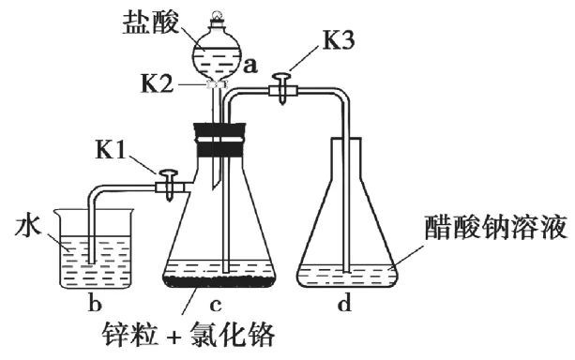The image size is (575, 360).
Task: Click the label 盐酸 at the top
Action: [151, 22]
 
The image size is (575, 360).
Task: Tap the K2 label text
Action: [157, 84]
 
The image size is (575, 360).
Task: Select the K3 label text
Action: [339, 41]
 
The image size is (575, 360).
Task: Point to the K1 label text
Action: [111, 150]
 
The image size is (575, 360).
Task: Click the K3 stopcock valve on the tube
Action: [281, 88]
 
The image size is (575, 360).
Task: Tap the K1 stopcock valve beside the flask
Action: [169, 185]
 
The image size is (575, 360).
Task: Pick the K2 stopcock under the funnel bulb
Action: [217, 84]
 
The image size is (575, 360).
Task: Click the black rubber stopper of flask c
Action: [219, 141]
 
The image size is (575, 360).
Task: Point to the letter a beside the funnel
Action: [250, 66]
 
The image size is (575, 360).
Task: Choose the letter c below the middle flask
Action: [216, 305]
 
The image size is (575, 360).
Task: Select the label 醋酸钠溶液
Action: [496, 228]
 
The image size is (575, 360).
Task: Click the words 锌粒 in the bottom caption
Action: [130, 335]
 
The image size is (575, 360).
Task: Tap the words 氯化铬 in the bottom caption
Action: [232, 335]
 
